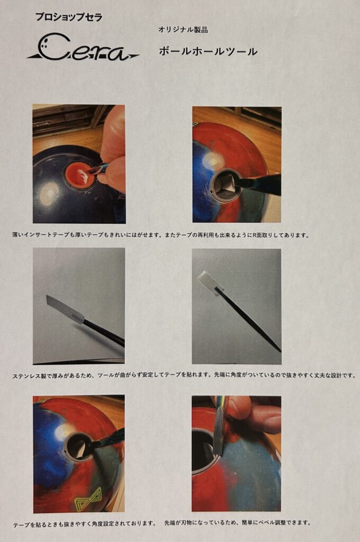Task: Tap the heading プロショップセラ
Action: [x=69, y=17]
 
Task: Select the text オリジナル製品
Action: [x=183, y=30]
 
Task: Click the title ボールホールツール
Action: [x=208, y=51]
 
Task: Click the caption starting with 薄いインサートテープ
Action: [x=160, y=235]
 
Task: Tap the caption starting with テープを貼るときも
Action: [x=85, y=523]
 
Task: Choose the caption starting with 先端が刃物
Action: [x=237, y=522]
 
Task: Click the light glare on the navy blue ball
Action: [x=49, y=194]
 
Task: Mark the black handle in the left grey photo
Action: [x=104, y=332]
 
